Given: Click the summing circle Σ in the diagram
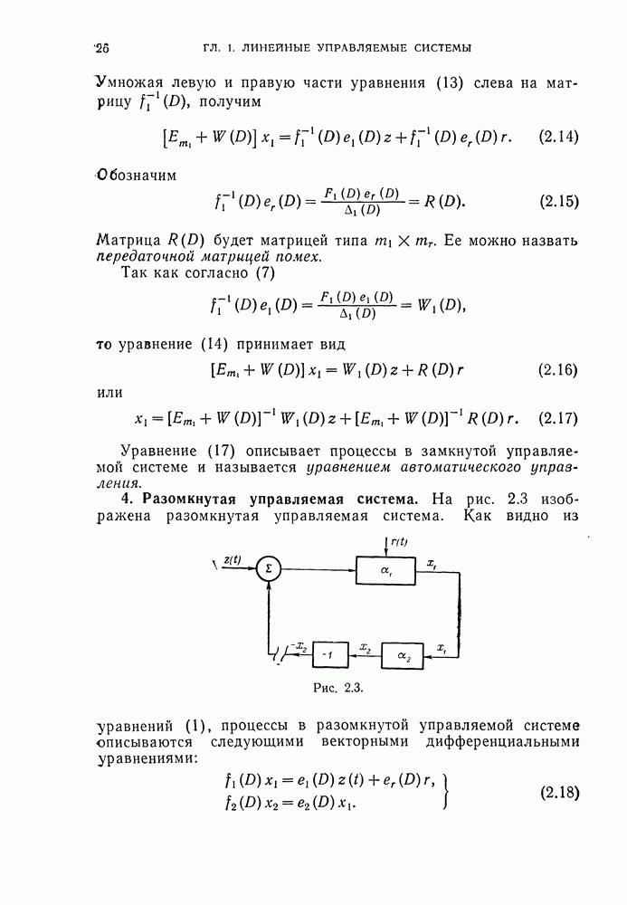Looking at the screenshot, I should pyautogui.click(x=268, y=568).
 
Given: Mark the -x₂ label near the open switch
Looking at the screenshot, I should pyautogui.click(x=299, y=648).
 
